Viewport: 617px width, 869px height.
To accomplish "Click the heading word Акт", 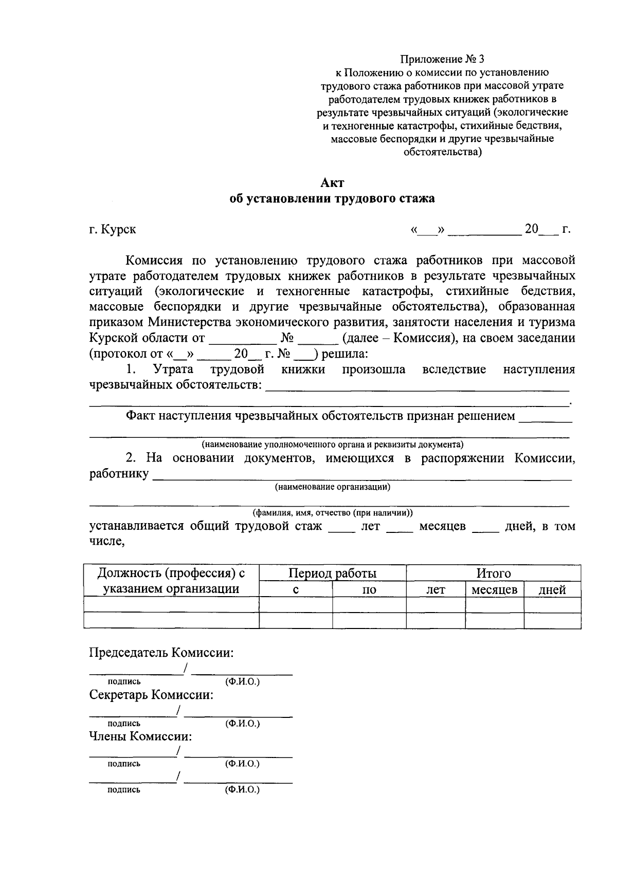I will point(332,183).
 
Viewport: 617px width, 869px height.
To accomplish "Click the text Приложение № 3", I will point(442,59).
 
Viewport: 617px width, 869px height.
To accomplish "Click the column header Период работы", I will point(332,573).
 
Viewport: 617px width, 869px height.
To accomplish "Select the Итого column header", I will point(493,573).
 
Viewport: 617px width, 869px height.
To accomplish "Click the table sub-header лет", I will point(435,589).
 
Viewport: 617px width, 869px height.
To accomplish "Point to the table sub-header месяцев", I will point(494,589).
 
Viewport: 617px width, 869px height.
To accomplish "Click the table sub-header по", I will point(369,589).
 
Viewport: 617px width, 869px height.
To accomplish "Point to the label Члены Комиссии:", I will point(140,736).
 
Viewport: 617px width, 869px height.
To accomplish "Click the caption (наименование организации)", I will point(332,487).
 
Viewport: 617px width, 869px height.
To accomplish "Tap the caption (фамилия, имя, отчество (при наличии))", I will point(332,513).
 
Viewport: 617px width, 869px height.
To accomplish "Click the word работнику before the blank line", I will point(119,473).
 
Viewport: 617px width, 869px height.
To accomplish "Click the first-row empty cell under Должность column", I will point(171,605).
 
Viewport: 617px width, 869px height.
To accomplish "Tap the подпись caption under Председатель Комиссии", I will point(123,681).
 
